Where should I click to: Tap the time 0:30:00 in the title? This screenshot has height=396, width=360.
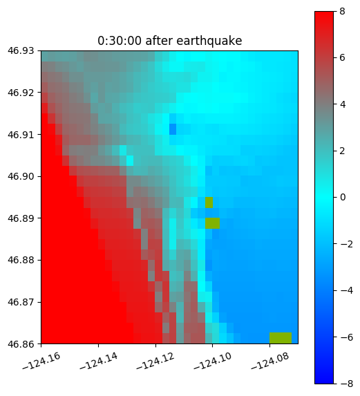pos(120,41)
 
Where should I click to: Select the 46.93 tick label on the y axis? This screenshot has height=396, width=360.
pos(21,50)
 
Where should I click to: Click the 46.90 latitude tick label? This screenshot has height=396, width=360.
pos(21,176)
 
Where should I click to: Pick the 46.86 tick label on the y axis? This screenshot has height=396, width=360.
pos(21,344)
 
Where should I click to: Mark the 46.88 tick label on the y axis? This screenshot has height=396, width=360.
pos(21,260)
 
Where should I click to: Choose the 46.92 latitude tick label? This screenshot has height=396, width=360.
pos(21,93)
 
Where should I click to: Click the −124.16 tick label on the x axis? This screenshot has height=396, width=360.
pos(41,361)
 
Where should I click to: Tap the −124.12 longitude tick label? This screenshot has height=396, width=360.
pos(155,361)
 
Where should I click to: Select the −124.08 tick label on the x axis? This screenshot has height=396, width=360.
pos(270,361)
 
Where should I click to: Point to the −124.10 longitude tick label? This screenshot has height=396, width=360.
pos(213,361)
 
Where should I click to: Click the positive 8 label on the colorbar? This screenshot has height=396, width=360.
pos(342,11)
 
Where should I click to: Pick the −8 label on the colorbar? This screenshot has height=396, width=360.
pos(346,384)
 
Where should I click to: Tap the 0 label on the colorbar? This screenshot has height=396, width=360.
pos(343,197)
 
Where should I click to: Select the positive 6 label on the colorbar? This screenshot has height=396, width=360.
pos(342,58)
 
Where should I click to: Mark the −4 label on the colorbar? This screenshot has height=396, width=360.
pos(346,291)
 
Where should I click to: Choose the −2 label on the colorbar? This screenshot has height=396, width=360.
pos(346,244)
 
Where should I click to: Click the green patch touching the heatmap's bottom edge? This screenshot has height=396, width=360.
pos(281,338)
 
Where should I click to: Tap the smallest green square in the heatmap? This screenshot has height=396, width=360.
pos(209,202)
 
